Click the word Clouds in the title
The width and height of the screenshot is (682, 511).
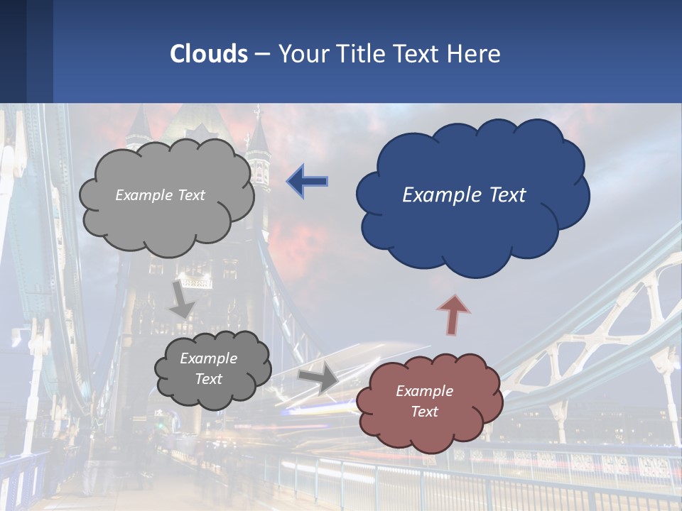point(209,54)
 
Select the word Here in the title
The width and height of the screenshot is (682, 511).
point(477,54)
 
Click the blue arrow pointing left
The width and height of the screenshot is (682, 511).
point(307,181)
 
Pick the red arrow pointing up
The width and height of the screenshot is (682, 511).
point(453,314)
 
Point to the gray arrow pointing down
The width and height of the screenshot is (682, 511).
point(182,299)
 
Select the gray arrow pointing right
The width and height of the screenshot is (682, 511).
point(318,378)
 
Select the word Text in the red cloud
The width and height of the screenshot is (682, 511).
point(424,412)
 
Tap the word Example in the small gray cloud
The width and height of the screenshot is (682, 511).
point(209,358)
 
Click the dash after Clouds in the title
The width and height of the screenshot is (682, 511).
point(262,55)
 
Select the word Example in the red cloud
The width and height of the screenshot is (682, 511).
point(424,391)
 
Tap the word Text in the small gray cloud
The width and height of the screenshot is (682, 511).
point(209,379)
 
